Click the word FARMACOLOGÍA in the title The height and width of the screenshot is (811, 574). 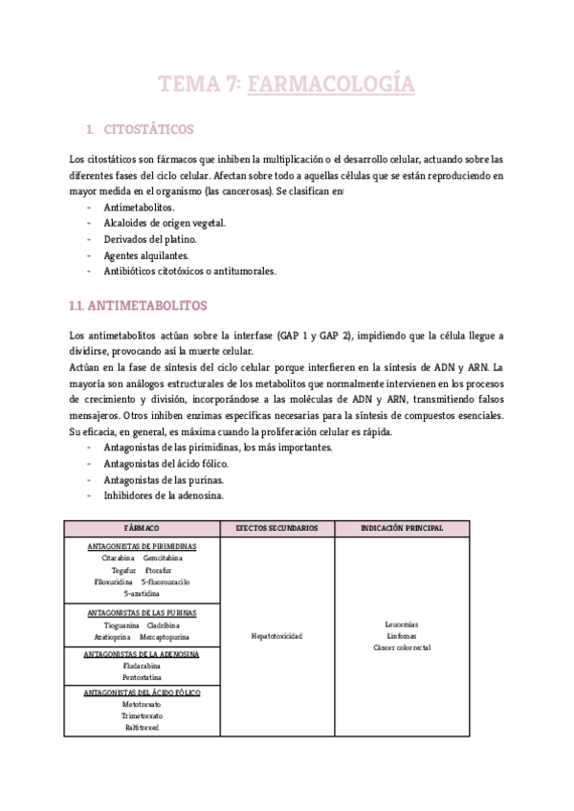331,85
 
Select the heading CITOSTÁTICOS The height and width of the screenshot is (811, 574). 154,128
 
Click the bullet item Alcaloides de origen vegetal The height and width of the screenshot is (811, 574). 165,223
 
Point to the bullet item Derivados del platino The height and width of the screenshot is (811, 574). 150,239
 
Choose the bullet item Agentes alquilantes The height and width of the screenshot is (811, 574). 146,255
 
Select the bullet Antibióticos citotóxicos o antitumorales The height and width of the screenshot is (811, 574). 189,272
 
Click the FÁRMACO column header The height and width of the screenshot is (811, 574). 142,528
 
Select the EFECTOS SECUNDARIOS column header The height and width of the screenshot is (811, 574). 276,528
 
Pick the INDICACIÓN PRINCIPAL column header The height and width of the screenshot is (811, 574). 402,528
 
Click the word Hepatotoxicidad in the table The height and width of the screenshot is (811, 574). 276,636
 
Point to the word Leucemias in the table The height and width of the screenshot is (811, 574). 402,624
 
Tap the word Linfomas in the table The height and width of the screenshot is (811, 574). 402,635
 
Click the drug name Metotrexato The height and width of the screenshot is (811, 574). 142,704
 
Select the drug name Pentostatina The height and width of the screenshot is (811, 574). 142,676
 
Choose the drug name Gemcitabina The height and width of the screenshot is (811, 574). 164,558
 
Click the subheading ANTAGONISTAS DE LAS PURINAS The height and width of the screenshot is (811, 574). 142,612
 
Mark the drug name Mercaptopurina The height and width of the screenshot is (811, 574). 165,636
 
